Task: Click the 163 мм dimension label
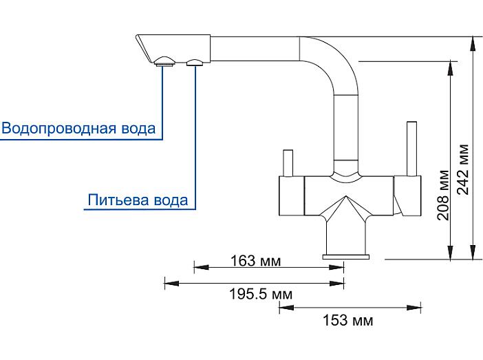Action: pos(255,261)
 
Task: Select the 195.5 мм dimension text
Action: pos(261,294)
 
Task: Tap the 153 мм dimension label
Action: pos(347,320)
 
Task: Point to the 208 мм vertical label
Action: pos(443,195)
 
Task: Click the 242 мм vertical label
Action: pos(462,169)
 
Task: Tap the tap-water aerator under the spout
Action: pos(164,62)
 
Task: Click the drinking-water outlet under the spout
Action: pos(195,63)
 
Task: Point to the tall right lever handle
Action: pos(411,149)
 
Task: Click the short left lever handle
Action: pos(288,163)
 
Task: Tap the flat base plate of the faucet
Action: pos(346,257)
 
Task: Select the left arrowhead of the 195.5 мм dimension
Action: pos(171,283)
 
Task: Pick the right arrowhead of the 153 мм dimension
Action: pos(414,307)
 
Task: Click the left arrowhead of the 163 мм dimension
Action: pos(201,267)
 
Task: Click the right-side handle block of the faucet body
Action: pos(407,195)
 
